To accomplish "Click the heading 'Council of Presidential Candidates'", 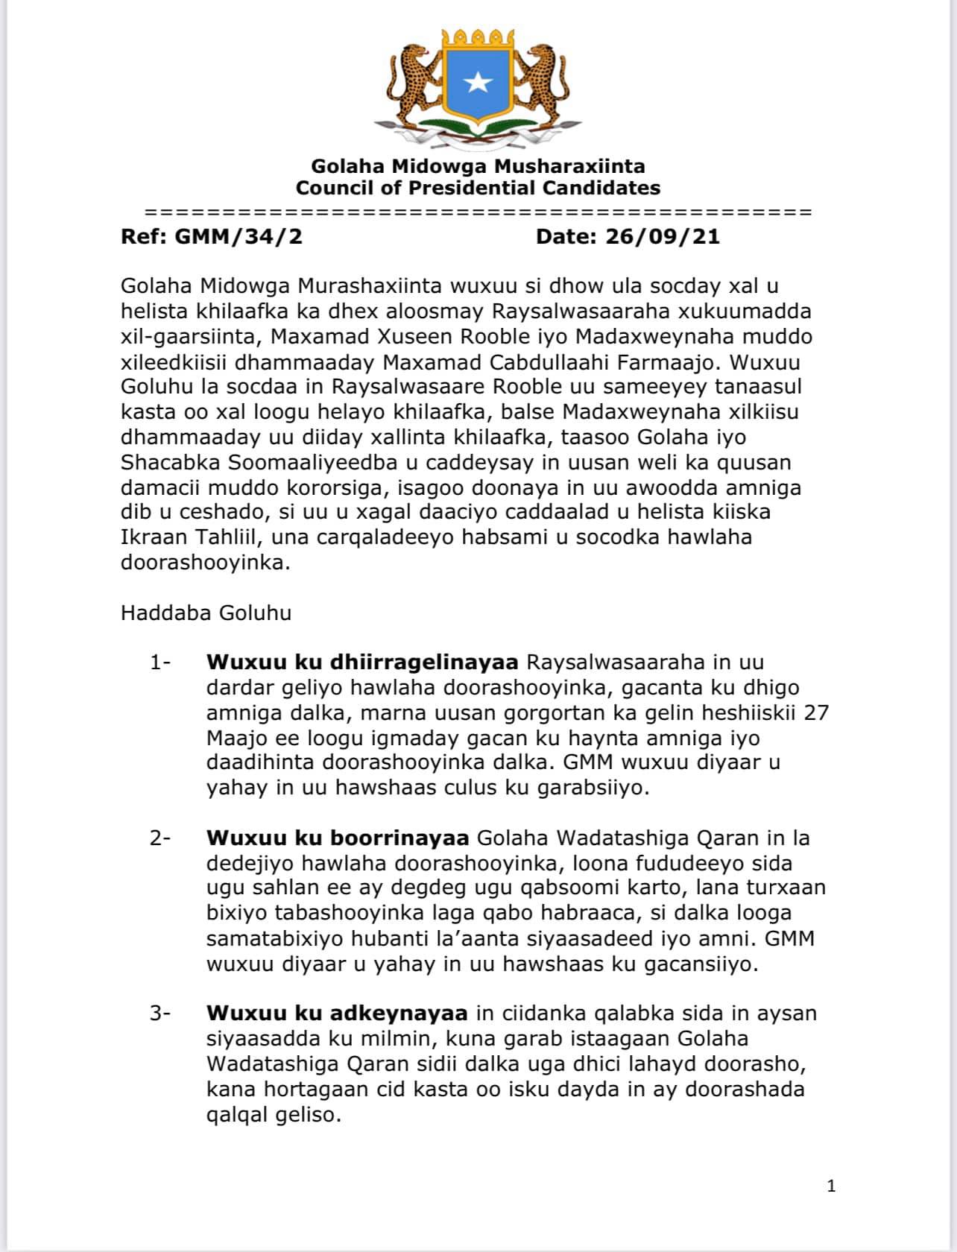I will (x=478, y=188).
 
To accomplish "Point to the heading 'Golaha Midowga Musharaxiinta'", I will (x=478, y=166).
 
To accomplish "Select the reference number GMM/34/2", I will (x=238, y=237).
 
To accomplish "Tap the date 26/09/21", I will (x=663, y=237).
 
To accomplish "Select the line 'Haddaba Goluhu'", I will (x=206, y=613).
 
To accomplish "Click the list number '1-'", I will (x=160, y=663).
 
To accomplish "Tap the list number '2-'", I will (x=160, y=838).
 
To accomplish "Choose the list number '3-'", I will (x=160, y=1014).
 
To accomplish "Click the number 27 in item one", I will (x=816, y=713).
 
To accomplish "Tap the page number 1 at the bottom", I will (x=832, y=1186).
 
